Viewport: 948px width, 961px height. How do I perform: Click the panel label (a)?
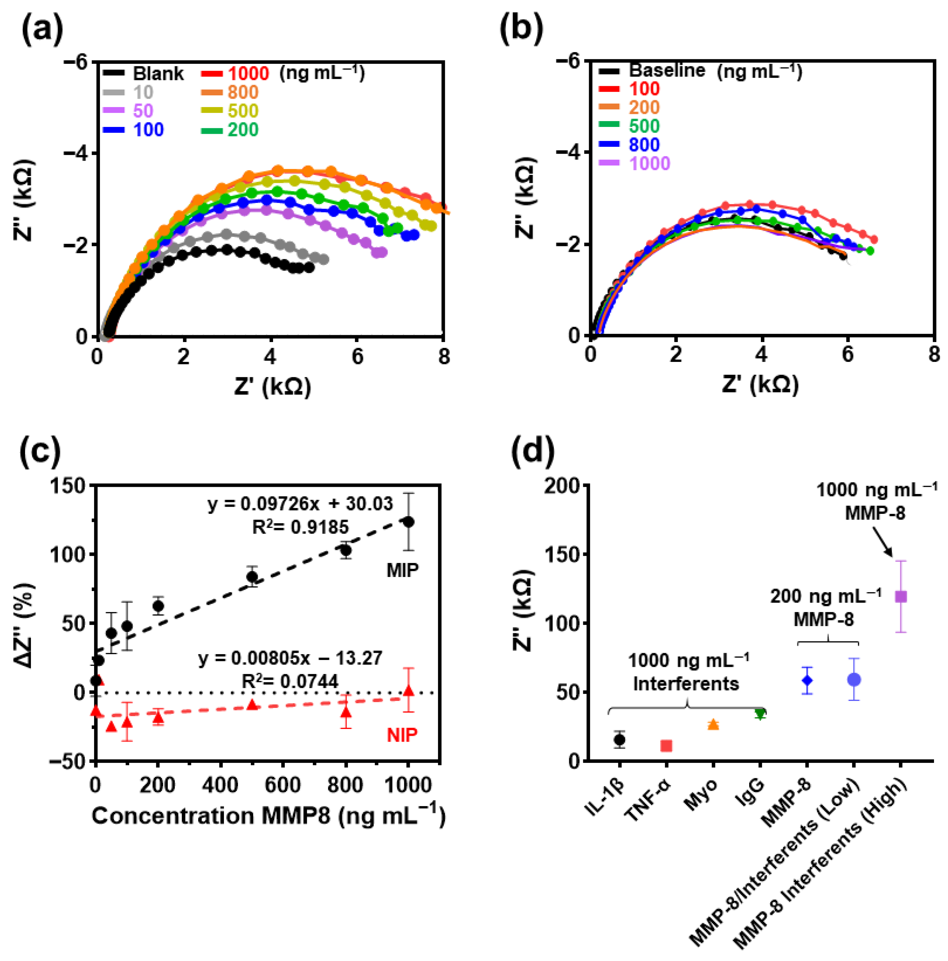pyautogui.click(x=42, y=30)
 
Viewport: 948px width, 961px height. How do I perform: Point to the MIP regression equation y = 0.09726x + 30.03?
pyautogui.click(x=300, y=503)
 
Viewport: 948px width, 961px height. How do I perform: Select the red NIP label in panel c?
pyautogui.click(x=402, y=735)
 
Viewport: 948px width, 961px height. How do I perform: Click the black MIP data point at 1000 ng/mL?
pyautogui.click(x=408, y=522)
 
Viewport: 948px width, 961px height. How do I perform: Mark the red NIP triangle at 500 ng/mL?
pyautogui.click(x=252, y=704)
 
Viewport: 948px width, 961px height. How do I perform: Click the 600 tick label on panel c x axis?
pyautogui.click(x=282, y=784)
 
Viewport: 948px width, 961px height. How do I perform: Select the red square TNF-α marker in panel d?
pyautogui.click(x=666, y=746)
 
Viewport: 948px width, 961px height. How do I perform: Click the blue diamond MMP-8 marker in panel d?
pyautogui.click(x=807, y=680)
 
